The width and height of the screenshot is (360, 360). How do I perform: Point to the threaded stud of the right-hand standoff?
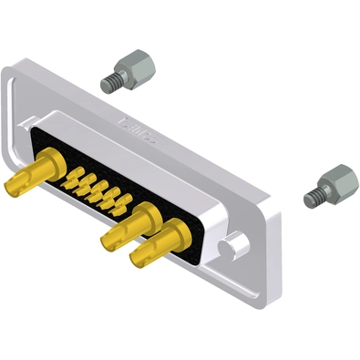tap(314, 195)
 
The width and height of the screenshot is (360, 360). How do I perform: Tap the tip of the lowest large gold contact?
tap(138, 259)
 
